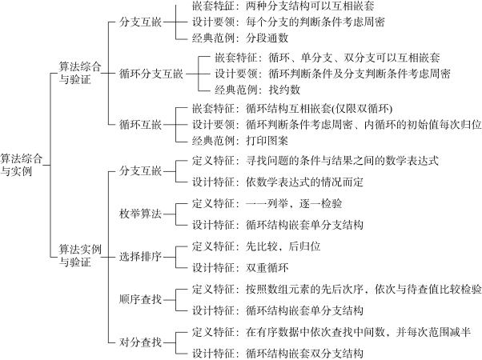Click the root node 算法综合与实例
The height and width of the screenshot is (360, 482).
[21, 165]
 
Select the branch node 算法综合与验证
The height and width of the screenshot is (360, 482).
[80, 73]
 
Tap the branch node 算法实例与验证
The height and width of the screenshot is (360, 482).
[80, 256]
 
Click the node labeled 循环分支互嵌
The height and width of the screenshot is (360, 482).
[151, 74]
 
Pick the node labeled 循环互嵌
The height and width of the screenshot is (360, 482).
[140, 125]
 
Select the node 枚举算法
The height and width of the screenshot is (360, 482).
[140, 214]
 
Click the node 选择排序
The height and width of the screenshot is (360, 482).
[140, 257]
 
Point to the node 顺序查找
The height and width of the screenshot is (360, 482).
[140, 299]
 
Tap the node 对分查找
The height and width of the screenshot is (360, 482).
[140, 342]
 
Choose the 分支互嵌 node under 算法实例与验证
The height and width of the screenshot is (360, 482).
[140, 170]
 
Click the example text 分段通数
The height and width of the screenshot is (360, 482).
[267, 38]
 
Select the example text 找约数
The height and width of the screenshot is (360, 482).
[284, 90]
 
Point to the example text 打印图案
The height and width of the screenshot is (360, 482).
[267, 141]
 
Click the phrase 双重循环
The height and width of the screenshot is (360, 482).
[267, 268]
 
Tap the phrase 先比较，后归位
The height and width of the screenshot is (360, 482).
[283, 246]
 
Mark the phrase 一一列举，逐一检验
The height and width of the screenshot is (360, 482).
[294, 203]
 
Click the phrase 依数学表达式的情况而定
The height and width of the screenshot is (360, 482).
[304, 182]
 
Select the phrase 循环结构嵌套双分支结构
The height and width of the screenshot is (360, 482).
[304, 354]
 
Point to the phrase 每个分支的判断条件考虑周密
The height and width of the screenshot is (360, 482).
[315, 22]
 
